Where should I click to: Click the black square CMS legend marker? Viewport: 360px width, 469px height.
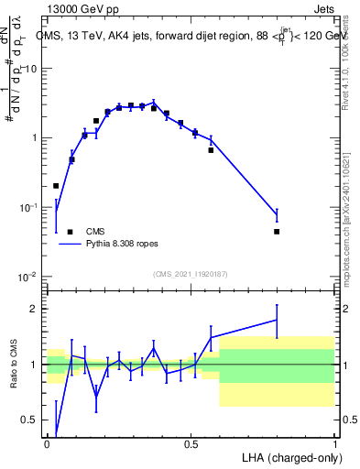(x=70, y=232)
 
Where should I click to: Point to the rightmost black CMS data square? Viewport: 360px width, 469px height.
(x=277, y=232)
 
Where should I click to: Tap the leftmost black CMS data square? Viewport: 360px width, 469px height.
(x=56, y=186)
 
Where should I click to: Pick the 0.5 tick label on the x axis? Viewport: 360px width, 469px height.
(x=191, y=443)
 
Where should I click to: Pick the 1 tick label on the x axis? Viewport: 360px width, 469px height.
(x=335, y=443)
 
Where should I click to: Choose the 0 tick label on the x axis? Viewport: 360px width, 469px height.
(x=47, y=443)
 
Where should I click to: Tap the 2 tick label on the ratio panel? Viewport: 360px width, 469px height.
(x=35, y=308)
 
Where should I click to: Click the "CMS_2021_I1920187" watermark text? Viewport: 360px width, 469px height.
(x=190, y=274)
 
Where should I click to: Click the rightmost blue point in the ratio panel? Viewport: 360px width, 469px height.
(x=277, y=320)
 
